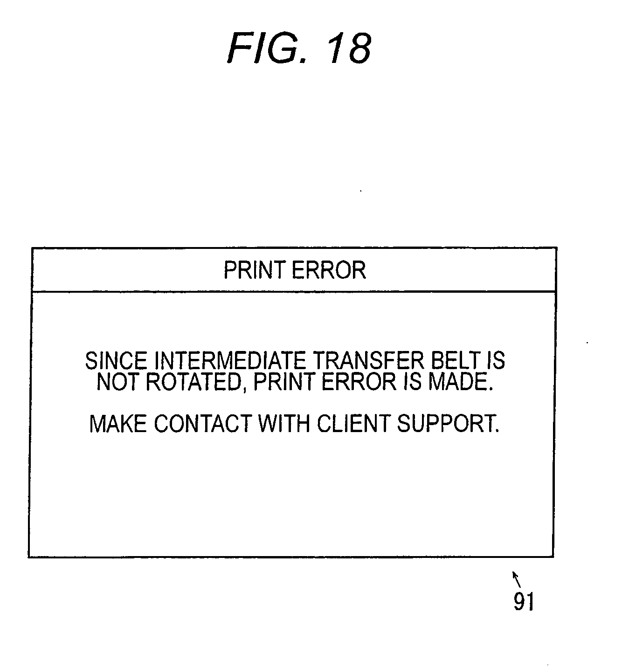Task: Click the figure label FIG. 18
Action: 299,49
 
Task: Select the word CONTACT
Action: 203,424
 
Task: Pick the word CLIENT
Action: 353,424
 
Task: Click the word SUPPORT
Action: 448,424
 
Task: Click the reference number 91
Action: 524,602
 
